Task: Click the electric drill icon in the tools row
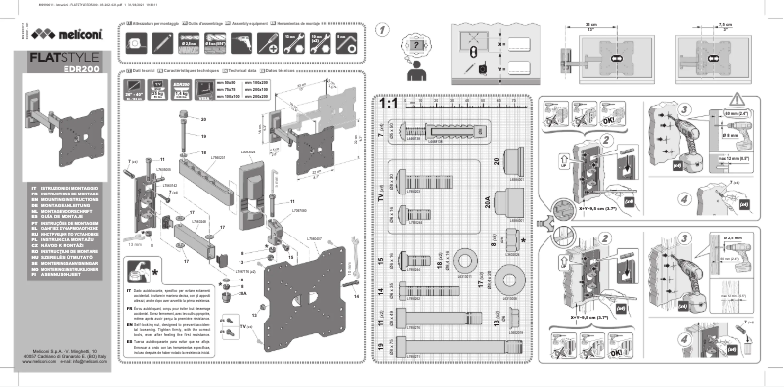point(242,42)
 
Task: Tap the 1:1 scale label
point(388,103)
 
